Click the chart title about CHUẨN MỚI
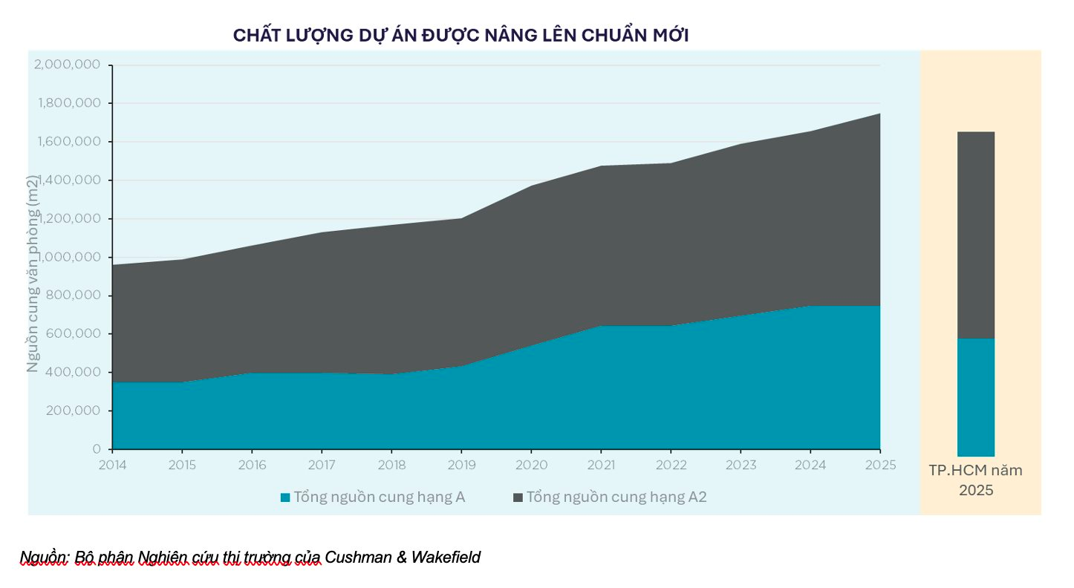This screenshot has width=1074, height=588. (460, 35)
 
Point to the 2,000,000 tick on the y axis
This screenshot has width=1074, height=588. (68, 65)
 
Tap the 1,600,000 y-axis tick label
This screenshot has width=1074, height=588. (68, 142)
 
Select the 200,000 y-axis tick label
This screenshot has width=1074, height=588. (73, 411)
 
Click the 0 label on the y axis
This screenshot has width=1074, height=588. (97, 449)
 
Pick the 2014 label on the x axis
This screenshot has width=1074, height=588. (113, 465)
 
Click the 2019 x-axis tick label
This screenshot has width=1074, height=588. (461, 465)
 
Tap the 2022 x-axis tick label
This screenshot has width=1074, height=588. (671, 465)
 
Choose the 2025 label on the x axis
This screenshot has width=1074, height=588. (880, 465)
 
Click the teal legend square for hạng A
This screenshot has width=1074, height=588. (285, 497)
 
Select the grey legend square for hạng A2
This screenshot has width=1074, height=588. (518, 497)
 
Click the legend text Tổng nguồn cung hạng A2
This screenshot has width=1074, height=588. (616, 497)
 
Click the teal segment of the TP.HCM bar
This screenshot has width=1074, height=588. (975, 397)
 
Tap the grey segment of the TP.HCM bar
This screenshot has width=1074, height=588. (975, 235)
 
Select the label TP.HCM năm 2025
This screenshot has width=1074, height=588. (975, 480)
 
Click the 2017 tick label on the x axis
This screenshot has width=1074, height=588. (322, 465)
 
